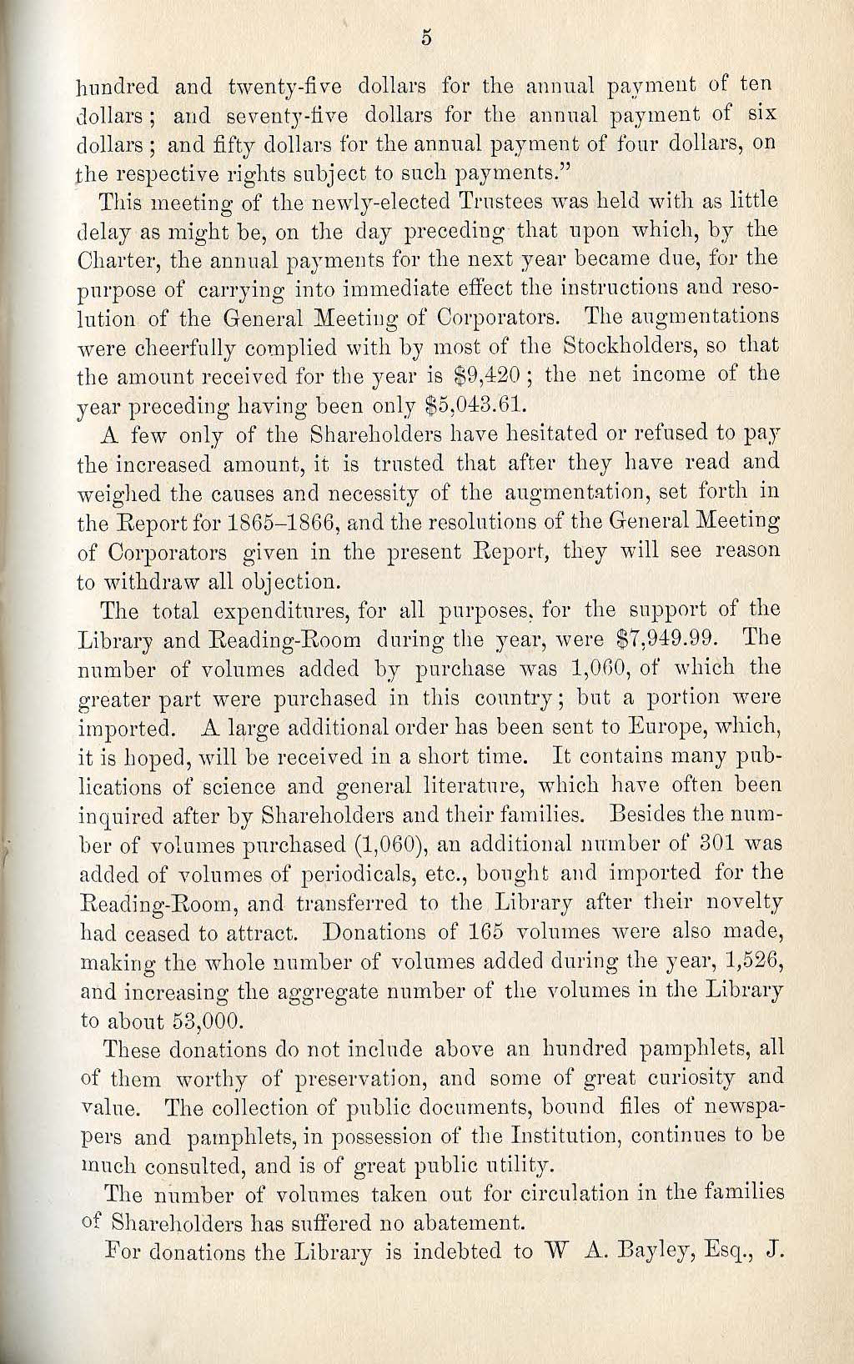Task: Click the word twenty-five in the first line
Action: click(x=274, y=87)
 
